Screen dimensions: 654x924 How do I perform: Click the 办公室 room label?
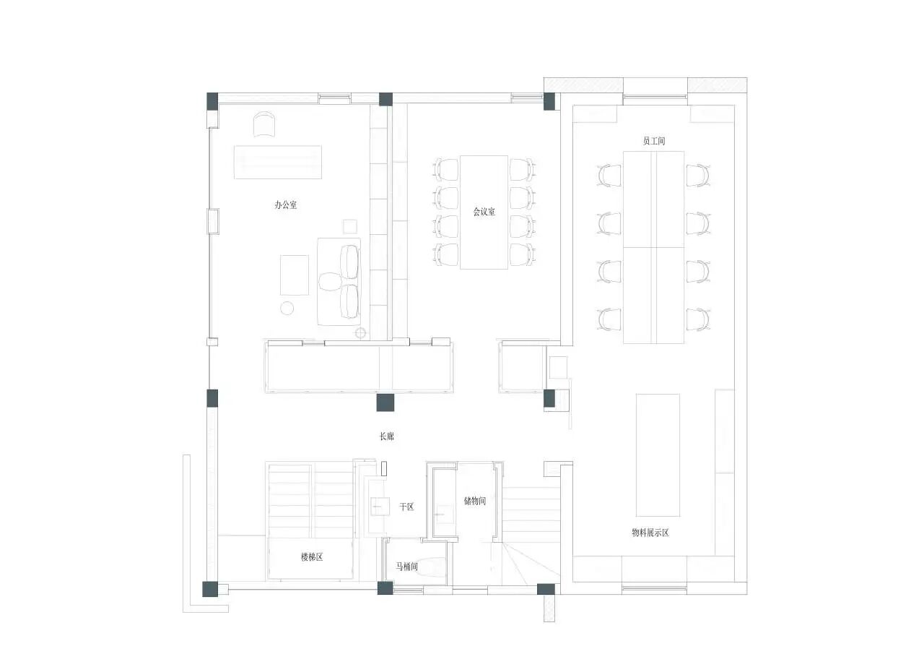coord(285,205)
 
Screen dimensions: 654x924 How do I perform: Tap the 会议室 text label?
coord(484,212)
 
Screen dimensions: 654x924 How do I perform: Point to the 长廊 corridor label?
coord(387,436)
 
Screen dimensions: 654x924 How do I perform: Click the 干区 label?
coord(406,507)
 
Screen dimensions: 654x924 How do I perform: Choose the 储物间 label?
coord(474,500)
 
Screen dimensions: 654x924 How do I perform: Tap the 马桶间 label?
coord(406,567)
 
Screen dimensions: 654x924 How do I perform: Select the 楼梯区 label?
coord(311,557)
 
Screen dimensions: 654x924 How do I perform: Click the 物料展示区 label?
coord(650,533)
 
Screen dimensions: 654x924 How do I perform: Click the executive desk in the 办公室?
coord(277,162)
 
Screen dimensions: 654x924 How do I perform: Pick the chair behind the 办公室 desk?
coord(265,124)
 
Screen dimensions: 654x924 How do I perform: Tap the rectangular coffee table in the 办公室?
coord(295,275)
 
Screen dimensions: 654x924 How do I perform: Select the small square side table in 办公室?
coord(351,226)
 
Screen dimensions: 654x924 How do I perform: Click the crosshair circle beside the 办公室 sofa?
coord(361,333)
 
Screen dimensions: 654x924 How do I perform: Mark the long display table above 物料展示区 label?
coord(658,455)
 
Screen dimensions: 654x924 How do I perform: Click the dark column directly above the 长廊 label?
coord(385,403)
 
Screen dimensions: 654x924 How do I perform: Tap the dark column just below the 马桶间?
coord(385,588)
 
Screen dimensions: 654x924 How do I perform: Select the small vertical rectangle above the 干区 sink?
coord(385,468)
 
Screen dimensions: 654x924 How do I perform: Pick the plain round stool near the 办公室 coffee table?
coord(287,309)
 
